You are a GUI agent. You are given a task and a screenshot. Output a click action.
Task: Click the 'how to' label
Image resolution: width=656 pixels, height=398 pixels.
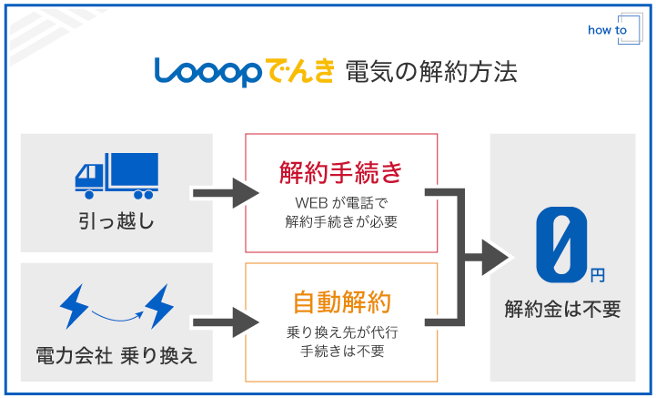pyautogui.click(x=607, y=30)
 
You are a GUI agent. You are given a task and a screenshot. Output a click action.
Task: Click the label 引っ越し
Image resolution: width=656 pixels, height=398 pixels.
pyautogui.click(x=116, y=221)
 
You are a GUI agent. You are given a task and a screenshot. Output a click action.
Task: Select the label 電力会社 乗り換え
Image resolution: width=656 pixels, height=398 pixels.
pyautogui.click(x=116, y=353)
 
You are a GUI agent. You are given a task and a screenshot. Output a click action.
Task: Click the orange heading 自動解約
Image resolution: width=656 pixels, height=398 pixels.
pyautogui.click(x=341, y=301)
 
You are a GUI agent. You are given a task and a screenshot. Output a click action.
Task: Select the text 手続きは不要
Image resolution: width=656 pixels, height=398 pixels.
pyautogui.click(x=341, y=351)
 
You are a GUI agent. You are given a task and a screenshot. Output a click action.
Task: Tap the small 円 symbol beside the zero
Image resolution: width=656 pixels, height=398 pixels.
pyautogui.click(x=596, y=273)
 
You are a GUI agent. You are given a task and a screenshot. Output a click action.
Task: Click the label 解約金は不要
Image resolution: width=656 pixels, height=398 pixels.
pyautogui.click(x=562, y=310)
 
